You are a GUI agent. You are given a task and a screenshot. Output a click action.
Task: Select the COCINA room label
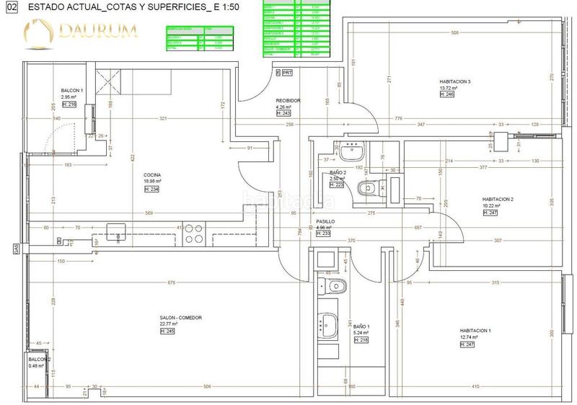[x=151, y=174]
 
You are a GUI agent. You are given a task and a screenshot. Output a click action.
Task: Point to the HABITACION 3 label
[x=454, y=81]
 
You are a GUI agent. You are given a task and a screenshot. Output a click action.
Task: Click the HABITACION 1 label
[x=475, y=331]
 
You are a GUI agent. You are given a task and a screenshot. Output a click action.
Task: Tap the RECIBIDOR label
[x=288, y=101]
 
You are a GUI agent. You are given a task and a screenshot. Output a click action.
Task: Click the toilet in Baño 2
[x=365, y=188]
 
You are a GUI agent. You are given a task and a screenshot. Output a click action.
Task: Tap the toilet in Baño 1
[x=332, y=287]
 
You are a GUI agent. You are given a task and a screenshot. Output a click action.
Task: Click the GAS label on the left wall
[x=14, y=249]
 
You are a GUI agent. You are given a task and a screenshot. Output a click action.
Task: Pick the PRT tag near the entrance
[x=287, y=73]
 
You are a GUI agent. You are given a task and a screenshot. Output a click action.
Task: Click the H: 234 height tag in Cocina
[x=151, y=189]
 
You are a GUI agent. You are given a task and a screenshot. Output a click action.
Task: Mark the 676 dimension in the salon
[x=171, y=282]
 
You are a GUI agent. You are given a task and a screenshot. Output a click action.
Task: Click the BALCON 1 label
[x=73, y=90]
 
